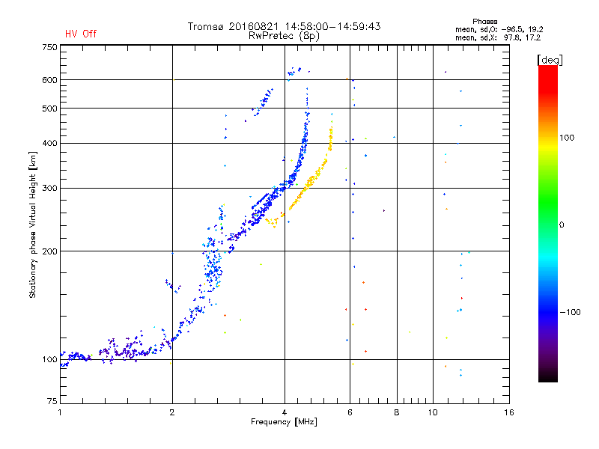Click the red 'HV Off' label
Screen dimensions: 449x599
(81, 34)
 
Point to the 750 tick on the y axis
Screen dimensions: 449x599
(49, 47)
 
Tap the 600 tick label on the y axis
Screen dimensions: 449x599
(49, 80)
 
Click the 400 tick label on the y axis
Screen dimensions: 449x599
(49, 143)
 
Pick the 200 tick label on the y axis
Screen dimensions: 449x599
(49, 251)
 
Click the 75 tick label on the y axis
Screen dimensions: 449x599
(51, 402)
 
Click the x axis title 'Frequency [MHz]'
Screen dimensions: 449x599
(284, 423)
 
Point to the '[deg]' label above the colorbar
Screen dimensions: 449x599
(550, 59)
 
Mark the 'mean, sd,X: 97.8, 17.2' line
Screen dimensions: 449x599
(498, 37)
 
